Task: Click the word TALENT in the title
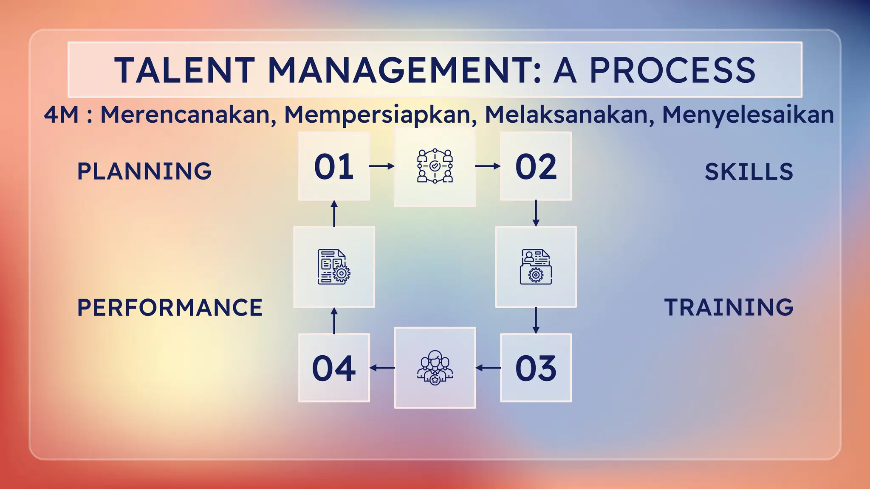tap(184, 70)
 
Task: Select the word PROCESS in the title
tap(672, 70)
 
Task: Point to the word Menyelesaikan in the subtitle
tap(748, 115)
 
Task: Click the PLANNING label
tap(144, 171)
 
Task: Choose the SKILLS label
tap(749, 172)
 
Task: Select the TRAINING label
tap(729, 308)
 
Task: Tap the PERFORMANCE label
tap(170, 308)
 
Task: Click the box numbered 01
tap(334, 166)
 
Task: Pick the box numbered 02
tap(536, 166)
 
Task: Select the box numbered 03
tap(536, 368)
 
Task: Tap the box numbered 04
tap(334, 368)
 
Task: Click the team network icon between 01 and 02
tap(435, 166)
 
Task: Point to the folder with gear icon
tap(536, 267)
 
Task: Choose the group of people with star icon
tap(435, 368)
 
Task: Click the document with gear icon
tap(334, 267)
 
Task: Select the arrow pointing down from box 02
tap(536, 213)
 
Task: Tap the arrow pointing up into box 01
tap(334, 213)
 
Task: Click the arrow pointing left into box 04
tap(382, 368)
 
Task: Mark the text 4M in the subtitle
tap(61, 115)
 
